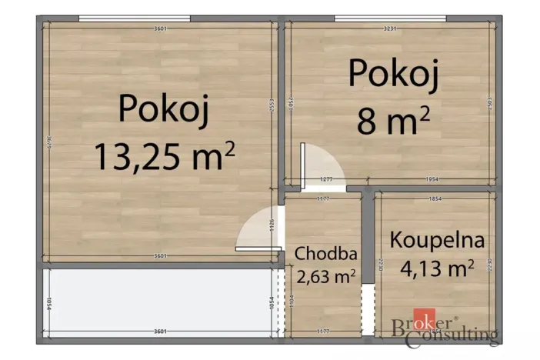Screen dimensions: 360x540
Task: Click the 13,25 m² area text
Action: pyautogui.click(x=164, y=156)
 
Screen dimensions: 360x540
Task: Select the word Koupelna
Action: pyautogui.click(x=437, y=239)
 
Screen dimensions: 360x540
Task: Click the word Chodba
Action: pyautogui.click(x=324, y=252)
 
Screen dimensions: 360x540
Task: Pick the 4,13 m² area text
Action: pyautogui.click(x=437, y=268)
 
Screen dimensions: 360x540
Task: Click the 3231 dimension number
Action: pyautogui.click(x=390, y=28)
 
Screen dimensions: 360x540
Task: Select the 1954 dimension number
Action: pyautogui.click(x=432, y=180)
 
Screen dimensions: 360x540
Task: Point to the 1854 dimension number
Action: pyautogui.click(x=435, y=199)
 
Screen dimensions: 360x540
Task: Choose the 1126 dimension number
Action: pyautogui.click(x=272, y=225)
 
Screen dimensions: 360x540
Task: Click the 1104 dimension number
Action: pyautogui.click(x=292, y=302)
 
